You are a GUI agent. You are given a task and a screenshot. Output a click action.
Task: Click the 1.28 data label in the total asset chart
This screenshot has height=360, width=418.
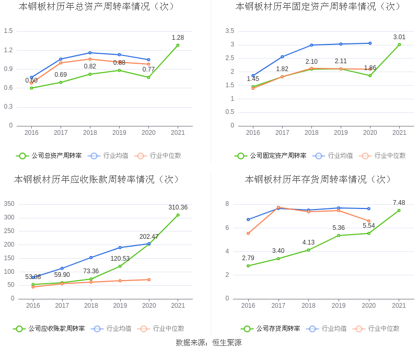(178, 38)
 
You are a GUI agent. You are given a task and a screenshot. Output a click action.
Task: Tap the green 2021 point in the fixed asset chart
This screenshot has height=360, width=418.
(399, 44)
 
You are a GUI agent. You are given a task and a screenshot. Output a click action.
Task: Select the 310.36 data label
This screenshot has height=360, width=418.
(178, 207)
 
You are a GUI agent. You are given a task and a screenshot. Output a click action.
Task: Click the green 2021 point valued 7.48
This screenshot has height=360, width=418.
(399, 211)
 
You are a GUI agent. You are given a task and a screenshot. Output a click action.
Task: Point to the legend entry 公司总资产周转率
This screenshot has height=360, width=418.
(49, 156)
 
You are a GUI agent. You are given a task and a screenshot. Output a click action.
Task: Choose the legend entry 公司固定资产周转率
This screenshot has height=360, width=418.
(270, 156)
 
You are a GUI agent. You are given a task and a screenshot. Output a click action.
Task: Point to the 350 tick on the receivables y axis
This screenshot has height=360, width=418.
(9, 204)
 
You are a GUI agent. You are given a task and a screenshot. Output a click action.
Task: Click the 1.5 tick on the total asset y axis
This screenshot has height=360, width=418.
(8, 31)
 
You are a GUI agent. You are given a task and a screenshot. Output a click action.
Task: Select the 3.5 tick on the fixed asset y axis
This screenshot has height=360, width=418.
(230, 31)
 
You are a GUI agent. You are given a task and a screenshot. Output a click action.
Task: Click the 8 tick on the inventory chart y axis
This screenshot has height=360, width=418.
(227, 204)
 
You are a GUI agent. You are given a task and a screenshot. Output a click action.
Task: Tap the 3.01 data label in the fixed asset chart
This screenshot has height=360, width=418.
(399, 37)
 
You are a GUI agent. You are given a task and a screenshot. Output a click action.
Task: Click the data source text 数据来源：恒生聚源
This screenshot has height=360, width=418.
(208, 343)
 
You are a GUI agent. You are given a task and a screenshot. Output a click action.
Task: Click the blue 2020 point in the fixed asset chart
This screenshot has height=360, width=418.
(370, 43)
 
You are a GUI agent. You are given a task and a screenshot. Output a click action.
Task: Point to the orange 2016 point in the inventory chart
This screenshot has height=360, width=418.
(248, 233)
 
